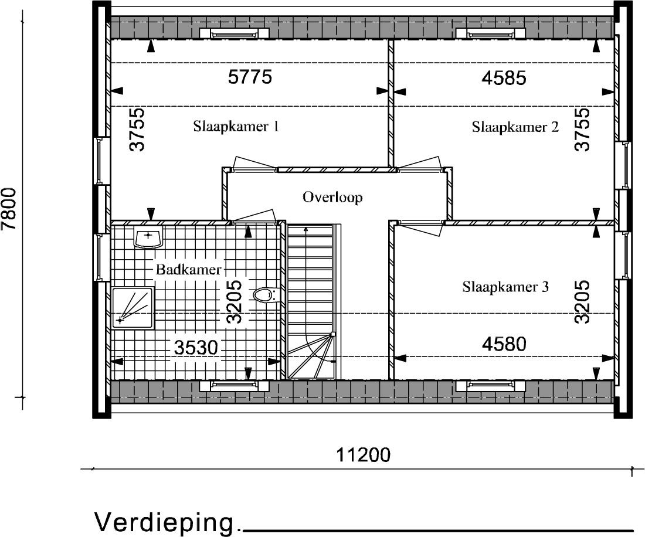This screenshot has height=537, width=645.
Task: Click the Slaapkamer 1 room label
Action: point(236,126)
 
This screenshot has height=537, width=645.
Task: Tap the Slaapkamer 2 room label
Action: point(515,127)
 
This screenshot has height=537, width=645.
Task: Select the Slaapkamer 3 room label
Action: point(505,287)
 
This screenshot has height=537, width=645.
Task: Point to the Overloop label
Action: point(333,198)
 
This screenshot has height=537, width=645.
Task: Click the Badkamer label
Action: point(188,270)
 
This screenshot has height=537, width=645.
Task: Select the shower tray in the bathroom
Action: point(133,308)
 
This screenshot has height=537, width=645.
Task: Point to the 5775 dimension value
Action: point(250,77)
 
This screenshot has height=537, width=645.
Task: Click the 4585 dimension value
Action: point(504,77)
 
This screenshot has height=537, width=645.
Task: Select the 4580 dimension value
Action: point(504,344)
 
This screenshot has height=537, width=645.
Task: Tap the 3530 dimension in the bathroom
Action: point(195,348)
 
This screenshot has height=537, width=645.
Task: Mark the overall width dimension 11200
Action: point(363,455)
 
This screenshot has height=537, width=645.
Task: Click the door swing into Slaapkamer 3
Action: point(420,228)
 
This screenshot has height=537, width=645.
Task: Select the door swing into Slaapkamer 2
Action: point(420,162)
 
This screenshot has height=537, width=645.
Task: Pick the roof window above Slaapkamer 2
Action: point(490,33)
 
